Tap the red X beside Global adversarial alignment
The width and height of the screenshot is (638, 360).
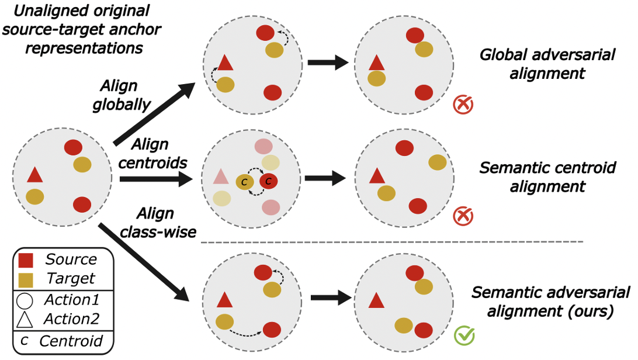[462, 105]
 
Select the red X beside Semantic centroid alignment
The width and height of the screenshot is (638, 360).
[462, 216]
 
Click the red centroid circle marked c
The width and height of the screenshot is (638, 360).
[269, 182]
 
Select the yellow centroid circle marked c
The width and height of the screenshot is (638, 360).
[245, 182]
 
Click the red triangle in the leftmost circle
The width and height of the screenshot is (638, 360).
[34, 175]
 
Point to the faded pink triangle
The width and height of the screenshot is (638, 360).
[220, 176]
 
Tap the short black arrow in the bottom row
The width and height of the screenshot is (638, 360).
[331, 297]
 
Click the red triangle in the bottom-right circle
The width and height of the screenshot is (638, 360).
[376, 301]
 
